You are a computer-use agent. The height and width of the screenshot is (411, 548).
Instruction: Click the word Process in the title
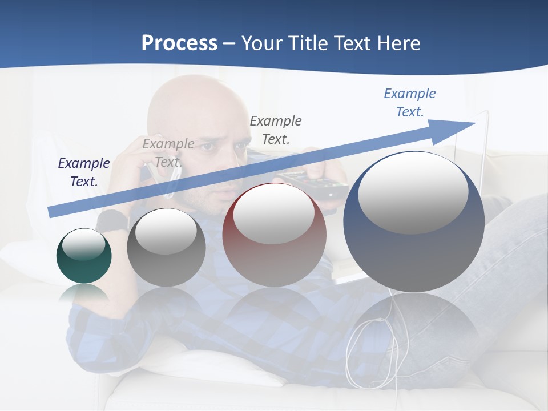point(179,43)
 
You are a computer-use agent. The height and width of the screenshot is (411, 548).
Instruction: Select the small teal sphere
point(84,256)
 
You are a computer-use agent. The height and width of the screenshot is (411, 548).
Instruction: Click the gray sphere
point(166,247)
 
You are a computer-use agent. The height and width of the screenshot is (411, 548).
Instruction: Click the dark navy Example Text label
point(84,172)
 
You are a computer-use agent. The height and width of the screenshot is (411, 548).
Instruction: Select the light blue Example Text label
point(409,103)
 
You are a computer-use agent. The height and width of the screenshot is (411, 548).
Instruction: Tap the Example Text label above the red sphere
point(276,130)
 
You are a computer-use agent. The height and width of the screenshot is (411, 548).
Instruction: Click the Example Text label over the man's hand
point(168,153)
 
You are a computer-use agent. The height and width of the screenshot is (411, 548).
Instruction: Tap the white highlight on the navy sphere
point(413,193)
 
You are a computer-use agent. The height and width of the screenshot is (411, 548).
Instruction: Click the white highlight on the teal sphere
point(84,244)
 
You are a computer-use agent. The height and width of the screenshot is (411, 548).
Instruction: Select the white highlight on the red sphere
point(273,213)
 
